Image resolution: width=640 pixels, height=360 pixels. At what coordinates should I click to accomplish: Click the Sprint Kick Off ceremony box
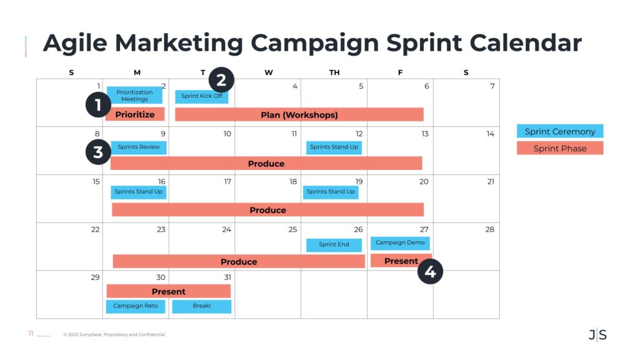202,96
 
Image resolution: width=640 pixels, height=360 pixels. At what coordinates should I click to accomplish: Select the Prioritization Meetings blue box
134,95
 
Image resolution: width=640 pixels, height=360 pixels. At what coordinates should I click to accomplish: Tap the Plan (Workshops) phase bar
299,115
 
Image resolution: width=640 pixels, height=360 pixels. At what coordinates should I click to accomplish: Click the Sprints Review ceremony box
139,147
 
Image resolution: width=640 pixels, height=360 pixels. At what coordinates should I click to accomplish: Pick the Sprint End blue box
334,244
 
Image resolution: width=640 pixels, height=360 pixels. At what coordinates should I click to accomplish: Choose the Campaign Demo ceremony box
400,243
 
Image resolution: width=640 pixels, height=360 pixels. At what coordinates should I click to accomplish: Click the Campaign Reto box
136,306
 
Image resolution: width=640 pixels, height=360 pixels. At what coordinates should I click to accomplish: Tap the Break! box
202,306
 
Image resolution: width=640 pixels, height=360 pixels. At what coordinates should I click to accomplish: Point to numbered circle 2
221,80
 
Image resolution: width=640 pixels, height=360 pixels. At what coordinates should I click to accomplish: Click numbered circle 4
430,271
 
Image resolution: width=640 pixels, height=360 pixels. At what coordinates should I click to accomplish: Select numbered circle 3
98,152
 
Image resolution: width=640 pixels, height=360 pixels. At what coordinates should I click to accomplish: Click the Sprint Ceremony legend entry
560,131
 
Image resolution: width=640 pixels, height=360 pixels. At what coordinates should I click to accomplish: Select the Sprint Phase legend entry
560,149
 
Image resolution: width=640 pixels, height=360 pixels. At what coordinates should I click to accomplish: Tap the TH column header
334,72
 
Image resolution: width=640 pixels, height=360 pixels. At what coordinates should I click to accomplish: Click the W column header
269,72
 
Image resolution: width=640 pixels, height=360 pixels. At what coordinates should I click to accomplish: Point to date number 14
490,134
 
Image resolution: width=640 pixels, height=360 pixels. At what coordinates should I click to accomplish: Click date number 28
490,229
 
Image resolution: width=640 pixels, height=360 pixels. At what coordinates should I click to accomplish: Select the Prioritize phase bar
135,114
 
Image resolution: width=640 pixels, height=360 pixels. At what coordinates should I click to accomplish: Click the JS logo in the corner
597,335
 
